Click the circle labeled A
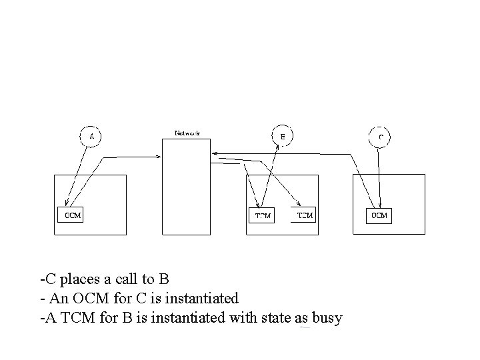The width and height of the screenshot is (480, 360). pos(91,137)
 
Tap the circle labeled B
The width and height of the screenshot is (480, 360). pos(283,137)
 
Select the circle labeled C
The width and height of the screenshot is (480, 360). pos(380,137)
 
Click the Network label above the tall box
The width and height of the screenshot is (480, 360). pos(187,133)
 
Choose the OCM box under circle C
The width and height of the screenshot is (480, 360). pos(379,215)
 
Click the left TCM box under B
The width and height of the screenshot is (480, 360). pos(263,215)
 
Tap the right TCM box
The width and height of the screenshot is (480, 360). pos(304,215)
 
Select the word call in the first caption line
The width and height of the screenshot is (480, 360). pos(123,277)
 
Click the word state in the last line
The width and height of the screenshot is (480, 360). pos(265,318)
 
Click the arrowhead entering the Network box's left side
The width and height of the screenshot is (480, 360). pos(160,157)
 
